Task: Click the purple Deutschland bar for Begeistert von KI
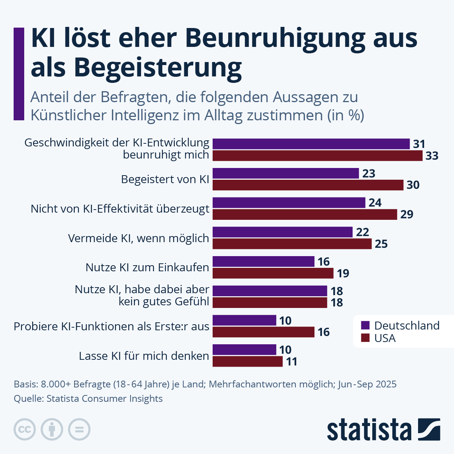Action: [x=286, y=173]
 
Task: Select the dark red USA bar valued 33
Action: [x=317, y=155]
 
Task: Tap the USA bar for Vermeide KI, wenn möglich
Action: [x=292, y=244]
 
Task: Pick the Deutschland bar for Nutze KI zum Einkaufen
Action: [x=263, y=261]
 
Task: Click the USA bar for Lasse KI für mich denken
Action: [x=247, y=361]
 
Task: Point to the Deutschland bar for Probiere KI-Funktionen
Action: [x=244, y=320]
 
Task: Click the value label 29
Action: [x=407, y=215]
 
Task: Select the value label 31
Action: [x=419, y=144]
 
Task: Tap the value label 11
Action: [x=291, y=362]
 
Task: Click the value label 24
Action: [x=375, y=203]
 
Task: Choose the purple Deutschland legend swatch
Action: [x=365, y=325]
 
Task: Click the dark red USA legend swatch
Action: [x=365, y=338]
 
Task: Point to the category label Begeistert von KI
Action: [x=165, y=179]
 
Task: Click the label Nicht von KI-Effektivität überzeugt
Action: [x=120, y=209]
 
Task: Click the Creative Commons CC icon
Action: [x=25, y=429]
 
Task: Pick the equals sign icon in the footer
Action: [x=79, y=429]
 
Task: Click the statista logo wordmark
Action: [x=369, y=429]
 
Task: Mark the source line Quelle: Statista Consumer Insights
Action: [x=88, y=398]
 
